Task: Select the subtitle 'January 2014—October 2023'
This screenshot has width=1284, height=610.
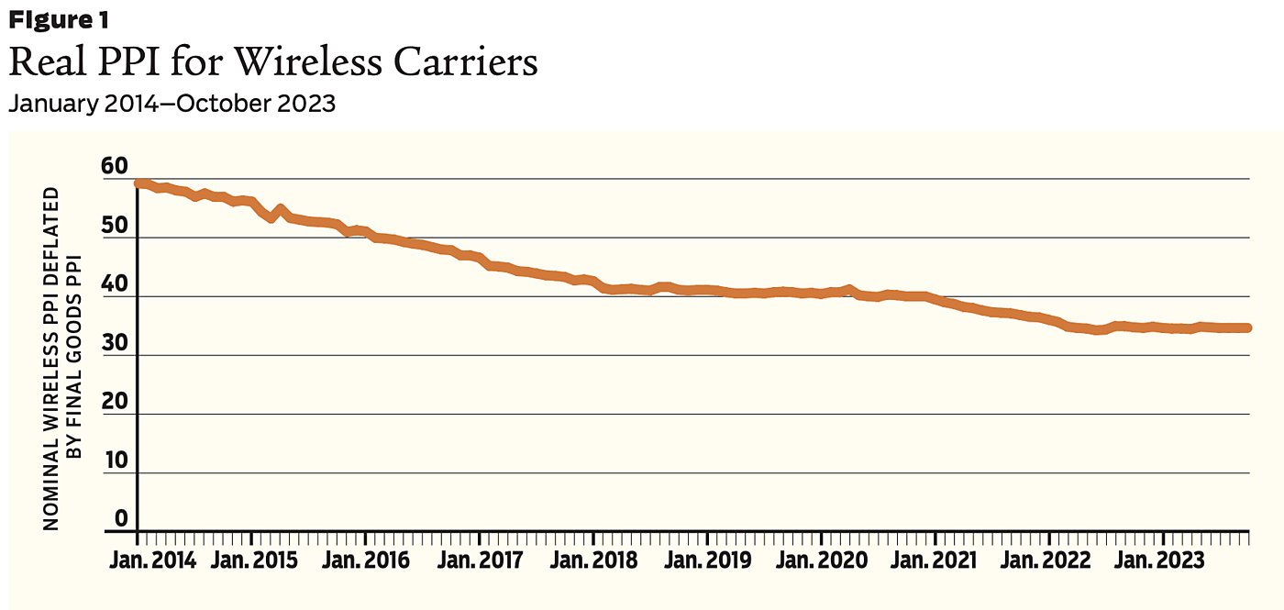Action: click(x=172, y=104)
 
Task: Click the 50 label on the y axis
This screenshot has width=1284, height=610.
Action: click(x=116, y=227)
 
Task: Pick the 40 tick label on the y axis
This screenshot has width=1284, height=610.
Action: click(x=116, y=285)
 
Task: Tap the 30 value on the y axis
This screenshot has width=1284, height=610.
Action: click(x=116, y=344)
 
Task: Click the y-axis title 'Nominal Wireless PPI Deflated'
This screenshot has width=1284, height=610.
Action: click(x=51, y=358)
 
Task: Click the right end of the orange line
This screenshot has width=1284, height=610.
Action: click(x=1248, y=327)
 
